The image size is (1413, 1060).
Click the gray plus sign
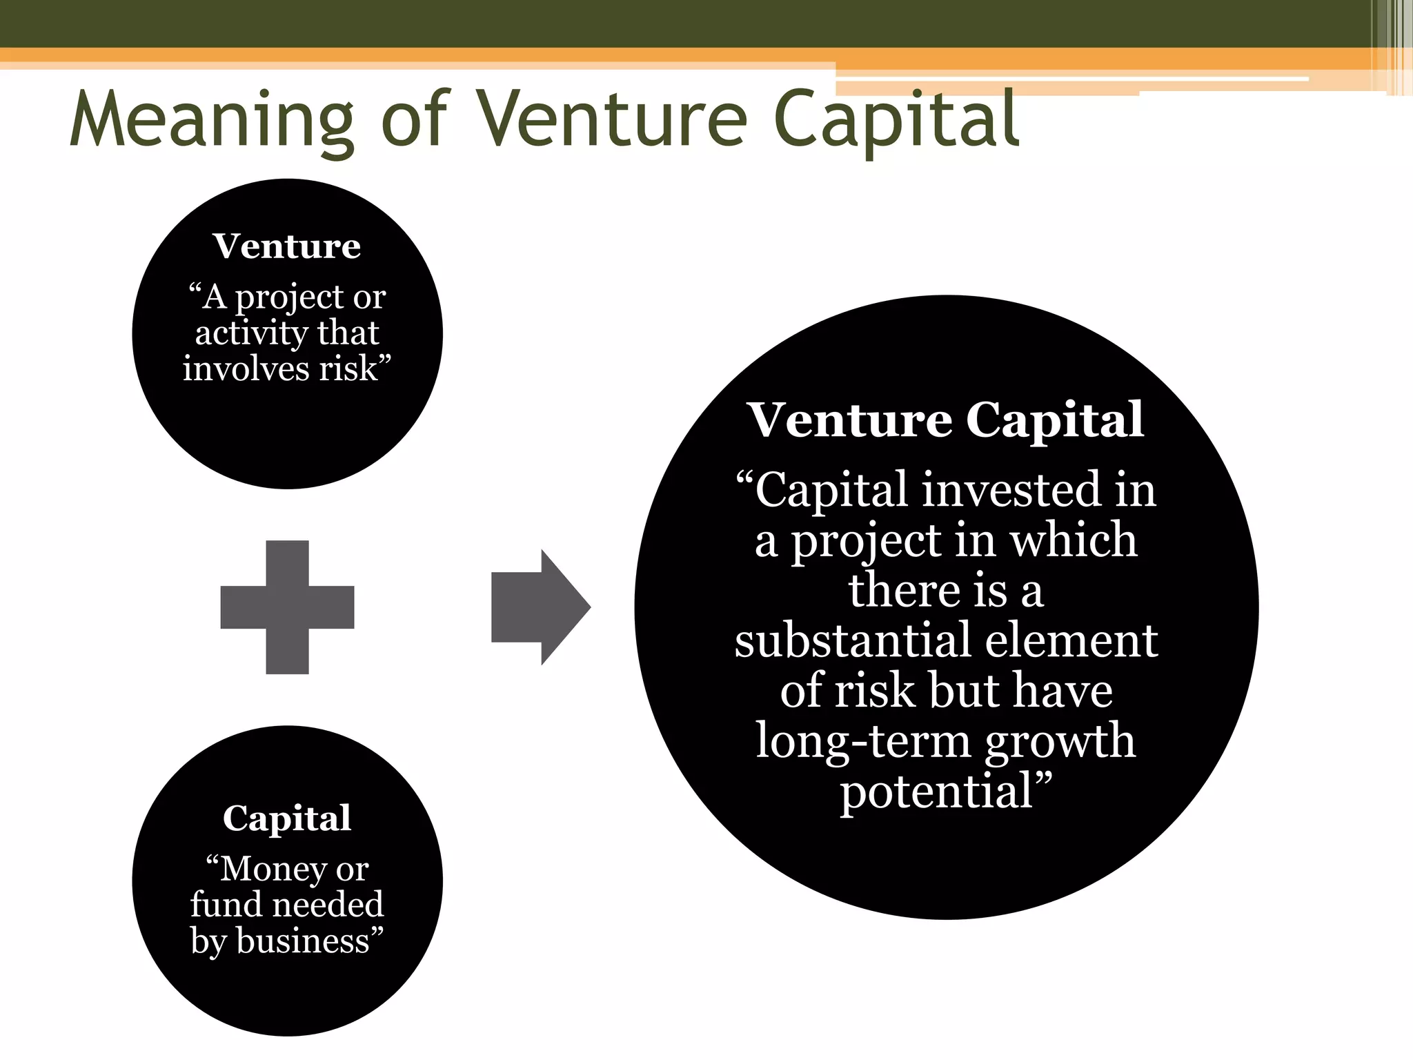pyautogui.click(x=287, y=607)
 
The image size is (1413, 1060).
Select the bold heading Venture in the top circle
pyautogui.click(x=286, y=246)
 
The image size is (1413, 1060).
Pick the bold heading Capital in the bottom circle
pyautogui.click(x=287, y=818)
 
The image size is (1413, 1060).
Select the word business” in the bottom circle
pyautogui.click(x=310, y=941)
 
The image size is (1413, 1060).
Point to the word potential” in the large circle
pyautogui.click(x=946, y=791)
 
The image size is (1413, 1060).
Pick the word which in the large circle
pyautogui.click(x=1074, y=540)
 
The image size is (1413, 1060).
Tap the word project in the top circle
pyautogui.click(x=289, y=298)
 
